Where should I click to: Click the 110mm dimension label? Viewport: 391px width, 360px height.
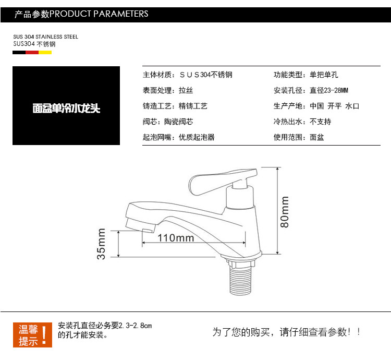[x=175, y=238]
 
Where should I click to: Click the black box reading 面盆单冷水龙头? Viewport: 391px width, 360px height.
[x=66, y=106]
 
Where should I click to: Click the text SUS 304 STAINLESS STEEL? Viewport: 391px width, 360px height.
[x=46, y=37]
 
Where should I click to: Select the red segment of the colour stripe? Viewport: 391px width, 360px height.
[x=32, y=52]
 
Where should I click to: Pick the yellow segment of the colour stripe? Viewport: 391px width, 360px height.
[x=45, y=52]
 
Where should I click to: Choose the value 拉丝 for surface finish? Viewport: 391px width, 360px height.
[x=186, y=90]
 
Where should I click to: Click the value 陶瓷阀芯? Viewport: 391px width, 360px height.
[x=193, y=122]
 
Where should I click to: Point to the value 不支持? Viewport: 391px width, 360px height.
[x=320, y=122]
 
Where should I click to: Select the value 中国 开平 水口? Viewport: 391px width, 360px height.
[x=334, y=106]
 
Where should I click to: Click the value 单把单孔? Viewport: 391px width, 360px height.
[x=324, y=75]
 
